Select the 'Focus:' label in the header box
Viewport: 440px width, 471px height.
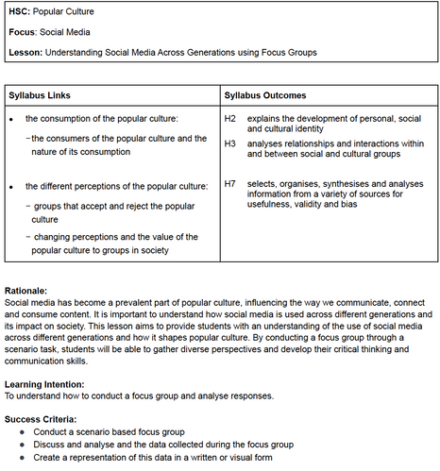(x=23, y=32)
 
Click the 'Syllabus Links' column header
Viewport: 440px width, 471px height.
(x=39, y=96)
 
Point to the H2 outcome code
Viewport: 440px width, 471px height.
(x=229, y=118)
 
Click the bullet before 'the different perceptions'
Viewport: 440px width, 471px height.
(x=10, y=186)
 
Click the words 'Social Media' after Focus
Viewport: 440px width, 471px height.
(x=72, y=32)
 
